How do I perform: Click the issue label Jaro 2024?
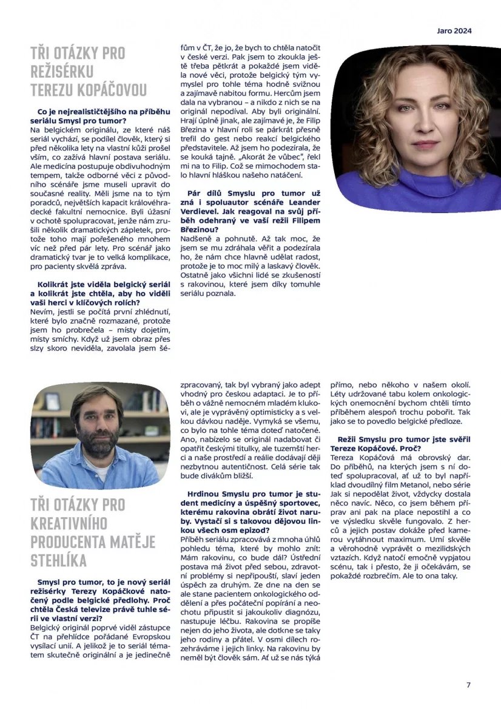(454, 31)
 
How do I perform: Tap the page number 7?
(468, 685)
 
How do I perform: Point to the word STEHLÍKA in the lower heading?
(59, 559)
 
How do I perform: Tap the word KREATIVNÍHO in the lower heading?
(69, 523)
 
